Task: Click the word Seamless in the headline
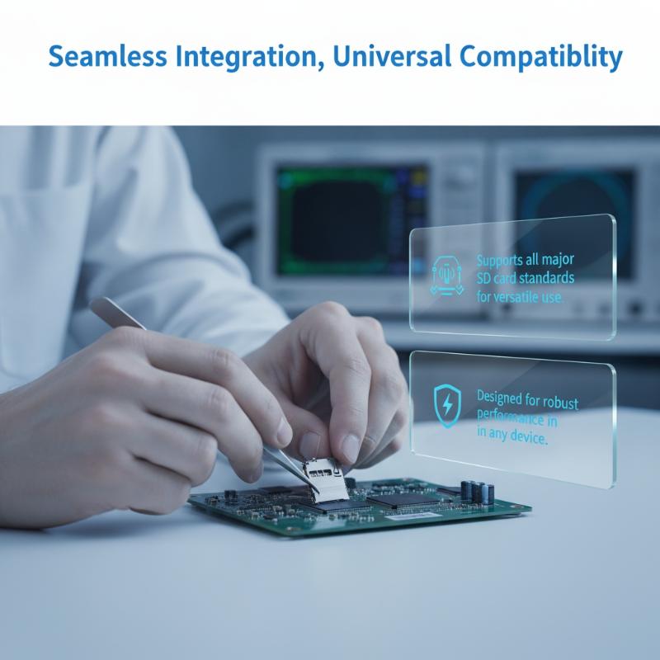pos(108,56)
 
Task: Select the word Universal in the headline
pos(392,56)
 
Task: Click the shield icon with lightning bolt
pos(447,405)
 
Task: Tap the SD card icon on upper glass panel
pos(446,276)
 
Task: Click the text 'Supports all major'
pos(526,260)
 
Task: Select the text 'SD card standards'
pos(526,278)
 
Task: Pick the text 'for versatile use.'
pos(520,297)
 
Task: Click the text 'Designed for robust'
pos(527,399)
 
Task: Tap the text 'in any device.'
pos(512,436)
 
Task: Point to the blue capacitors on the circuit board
pos(478,491)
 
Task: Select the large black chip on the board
pos(401,499)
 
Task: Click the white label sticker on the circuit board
pos(411,516)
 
